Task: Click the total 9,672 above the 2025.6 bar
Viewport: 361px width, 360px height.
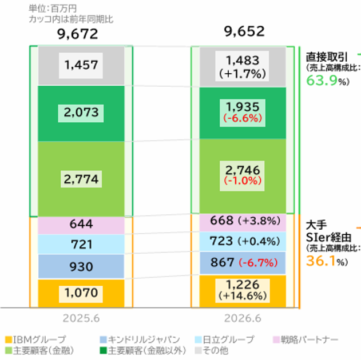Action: pyautogui.click(x=78, y=34)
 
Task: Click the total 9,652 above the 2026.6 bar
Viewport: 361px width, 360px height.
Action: pyautogui.click(x=244, y=31)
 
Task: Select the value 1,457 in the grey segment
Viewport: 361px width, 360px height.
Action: pyautogui.click(x=81, y=65)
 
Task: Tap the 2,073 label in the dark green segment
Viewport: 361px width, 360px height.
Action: pyautogui.click(x=81, y=113)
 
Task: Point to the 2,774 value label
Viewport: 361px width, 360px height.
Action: pyautogui.click(x=81, y=179)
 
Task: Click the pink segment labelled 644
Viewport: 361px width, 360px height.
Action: pyautogui.click(x=81, y=225)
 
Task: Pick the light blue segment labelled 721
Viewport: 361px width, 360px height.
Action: pyautogui.click(x=81, y=244)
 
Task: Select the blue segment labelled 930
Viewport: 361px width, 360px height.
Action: pyautogui.click(x=81, y=266)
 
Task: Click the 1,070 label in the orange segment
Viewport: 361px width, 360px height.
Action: pyautogui.click(x=81, y=293)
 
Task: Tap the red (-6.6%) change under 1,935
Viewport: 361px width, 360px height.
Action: pyautogui.click(x=243, y=118)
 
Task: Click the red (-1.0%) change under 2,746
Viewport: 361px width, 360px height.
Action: pyautogui.click(x=243, y=181)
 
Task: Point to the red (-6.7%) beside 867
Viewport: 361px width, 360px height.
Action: pyautogui.click(x=258, y=262)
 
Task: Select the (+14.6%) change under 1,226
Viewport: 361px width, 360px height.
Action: pyautogui.click(x=243, y=295)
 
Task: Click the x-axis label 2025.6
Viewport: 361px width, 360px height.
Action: pyautogui.click(x=81, y=318)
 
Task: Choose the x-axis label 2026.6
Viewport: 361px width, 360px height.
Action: pyautogui.click(x=243, y=318)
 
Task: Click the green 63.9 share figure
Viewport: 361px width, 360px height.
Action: pyautogui.click(x=322, y=81)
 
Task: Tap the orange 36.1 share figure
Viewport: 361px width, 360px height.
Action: pyautogui.click(x=321, y=261)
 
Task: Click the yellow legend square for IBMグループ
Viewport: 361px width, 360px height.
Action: pyautogui.click(x=9, y=339)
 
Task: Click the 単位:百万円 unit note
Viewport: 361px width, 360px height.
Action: pyautogui.click(x=53, y=9)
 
